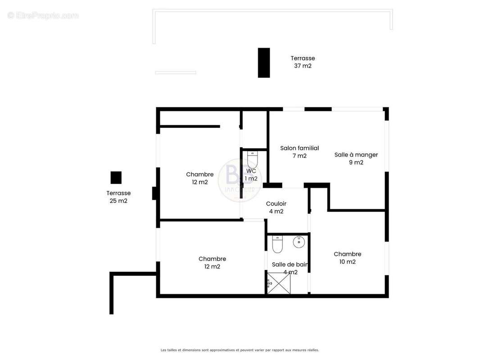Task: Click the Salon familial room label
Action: (299, 148)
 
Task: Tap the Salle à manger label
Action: (356, 155)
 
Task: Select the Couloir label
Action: (276, 204)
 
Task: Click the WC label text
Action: (251, 171)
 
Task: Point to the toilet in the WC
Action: (252, 160)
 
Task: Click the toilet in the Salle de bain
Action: (277, 244)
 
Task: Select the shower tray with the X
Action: (279, 283)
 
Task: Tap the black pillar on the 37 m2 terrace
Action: (263, 63)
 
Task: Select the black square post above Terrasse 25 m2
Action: (116, 178)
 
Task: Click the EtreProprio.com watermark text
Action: (43, 16)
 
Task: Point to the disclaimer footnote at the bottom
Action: (240, 350)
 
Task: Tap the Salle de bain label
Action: (290, 265)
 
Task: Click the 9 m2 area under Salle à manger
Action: (356, 162)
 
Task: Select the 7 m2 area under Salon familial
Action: (299, 156)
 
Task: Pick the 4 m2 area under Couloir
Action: (276, 211)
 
